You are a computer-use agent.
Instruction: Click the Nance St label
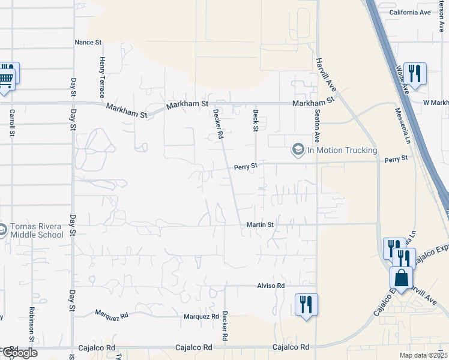(x=89, y=42)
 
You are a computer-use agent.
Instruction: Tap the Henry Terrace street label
(x=103, y=77)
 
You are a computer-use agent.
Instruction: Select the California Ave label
(x=409, y=12)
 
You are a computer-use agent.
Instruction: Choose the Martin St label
(x=260, y=224)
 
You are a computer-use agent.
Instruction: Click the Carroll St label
(x=11, y=122)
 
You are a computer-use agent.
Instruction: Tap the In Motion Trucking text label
(x=342, y=150)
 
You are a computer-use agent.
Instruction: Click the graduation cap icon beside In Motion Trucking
(x=298, y=149)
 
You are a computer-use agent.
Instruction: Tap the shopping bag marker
(x=401, y=278)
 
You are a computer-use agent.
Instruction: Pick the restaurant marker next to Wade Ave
(x=415, y=73)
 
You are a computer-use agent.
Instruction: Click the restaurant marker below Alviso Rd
(x=306, y=304)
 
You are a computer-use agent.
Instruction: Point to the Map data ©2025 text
(x=423, y=355)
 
